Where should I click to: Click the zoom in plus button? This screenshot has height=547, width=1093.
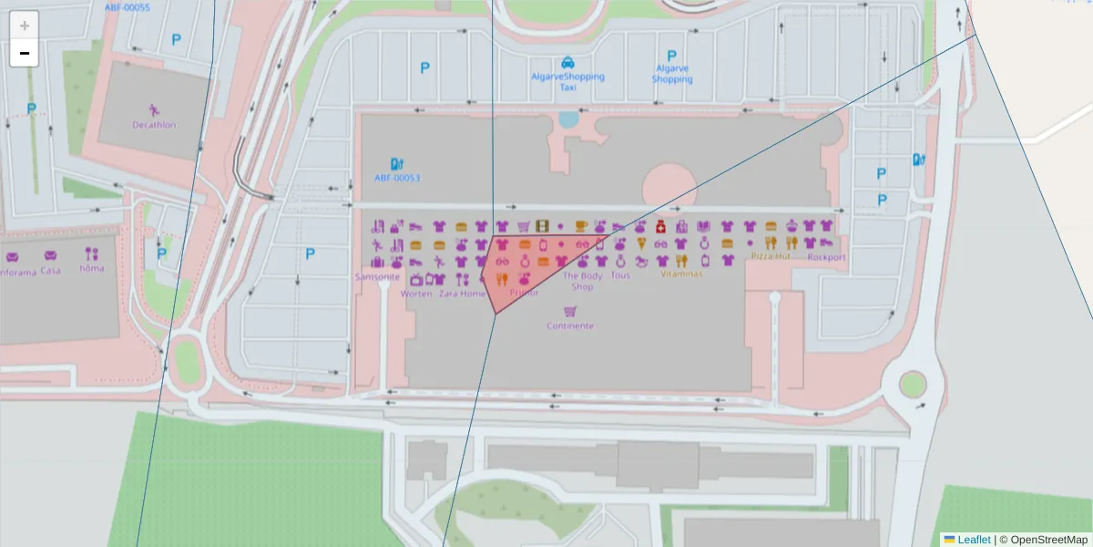(x=25, y=26)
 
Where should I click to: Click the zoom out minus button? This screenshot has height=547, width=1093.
(x=25, y=53)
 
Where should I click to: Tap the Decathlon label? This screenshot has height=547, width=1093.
(x=154, y=125)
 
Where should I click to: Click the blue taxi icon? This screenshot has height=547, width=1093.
(x=567, y=62)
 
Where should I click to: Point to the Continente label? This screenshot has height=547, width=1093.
(x=570, y=325)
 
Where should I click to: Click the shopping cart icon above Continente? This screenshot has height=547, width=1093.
(x=570, y=311)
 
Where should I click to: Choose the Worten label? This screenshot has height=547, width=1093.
(x=416, y=294)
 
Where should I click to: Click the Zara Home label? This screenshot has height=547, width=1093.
(x=463, y=294)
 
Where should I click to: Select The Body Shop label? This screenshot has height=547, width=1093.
(x=583, y=281)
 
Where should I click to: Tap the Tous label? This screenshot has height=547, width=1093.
(x=620, y=275)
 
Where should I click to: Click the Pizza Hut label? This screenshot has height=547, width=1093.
(x=770, y=257)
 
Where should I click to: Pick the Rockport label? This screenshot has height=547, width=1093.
(x=826, y=257)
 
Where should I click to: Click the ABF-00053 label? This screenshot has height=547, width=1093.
(x=397, y=179)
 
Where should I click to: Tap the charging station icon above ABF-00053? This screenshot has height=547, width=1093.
(x=397, y=164)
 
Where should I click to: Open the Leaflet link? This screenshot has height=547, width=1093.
(x=973, y=540)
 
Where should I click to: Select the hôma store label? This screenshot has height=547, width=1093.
(x=92, y=269)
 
